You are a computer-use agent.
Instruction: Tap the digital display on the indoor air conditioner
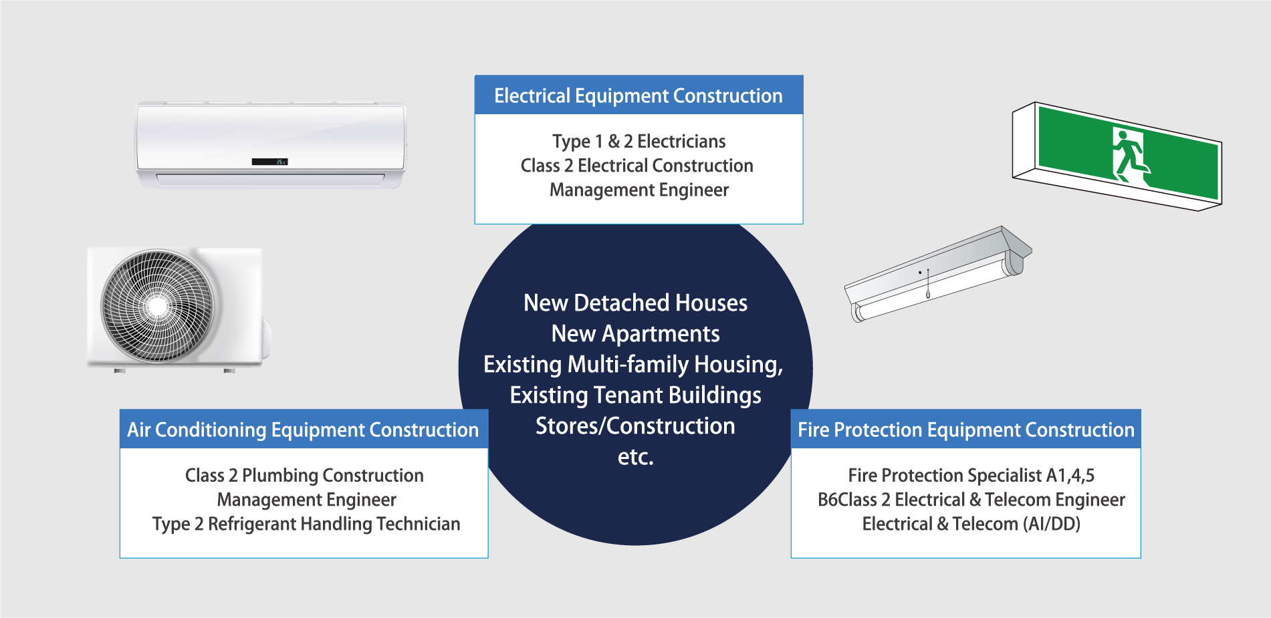pos(269,162)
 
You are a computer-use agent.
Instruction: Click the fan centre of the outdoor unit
pos(158,307)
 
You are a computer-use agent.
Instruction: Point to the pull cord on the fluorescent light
pos(928,283)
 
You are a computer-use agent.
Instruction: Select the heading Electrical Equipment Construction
pos(639,96)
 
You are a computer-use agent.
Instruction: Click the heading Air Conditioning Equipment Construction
pos(303,430)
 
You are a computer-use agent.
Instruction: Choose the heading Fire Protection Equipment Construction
pos(966,430)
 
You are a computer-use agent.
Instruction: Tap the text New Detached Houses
pos(635,303)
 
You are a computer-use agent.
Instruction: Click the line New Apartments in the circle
pos(635,333)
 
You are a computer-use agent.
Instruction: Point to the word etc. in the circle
pos(635,457)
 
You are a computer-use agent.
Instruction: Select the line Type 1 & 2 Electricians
pos(639,142)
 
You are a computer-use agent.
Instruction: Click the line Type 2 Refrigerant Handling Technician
pos(306,524)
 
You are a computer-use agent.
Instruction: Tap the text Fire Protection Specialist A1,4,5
pos(971,475)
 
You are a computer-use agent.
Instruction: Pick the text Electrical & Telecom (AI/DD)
pos(971,524)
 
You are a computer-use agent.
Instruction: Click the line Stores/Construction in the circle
pos(635,426)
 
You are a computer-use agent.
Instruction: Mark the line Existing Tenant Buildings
pos(635,396)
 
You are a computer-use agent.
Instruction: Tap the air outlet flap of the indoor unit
pos(270,179)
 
